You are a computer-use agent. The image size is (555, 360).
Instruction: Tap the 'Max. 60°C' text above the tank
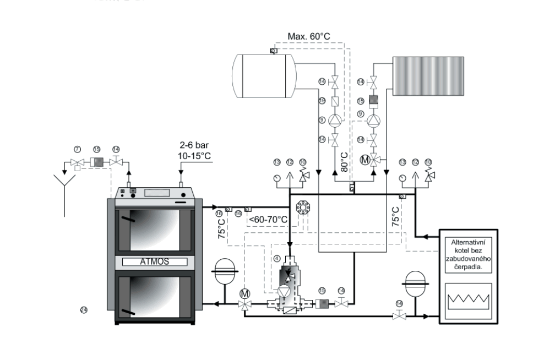(x=309, y=37)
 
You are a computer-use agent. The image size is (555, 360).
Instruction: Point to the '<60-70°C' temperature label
(x=268, y=220)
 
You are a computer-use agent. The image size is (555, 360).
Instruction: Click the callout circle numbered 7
(x=77, y=149)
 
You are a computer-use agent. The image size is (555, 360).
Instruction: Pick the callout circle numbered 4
(x=276, y=258)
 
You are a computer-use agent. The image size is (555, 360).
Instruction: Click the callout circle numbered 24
(x=84, y=310)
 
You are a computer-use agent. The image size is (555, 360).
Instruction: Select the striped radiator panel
(x=425, y=75)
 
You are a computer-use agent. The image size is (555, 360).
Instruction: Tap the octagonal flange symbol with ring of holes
(x=303, y=207)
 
